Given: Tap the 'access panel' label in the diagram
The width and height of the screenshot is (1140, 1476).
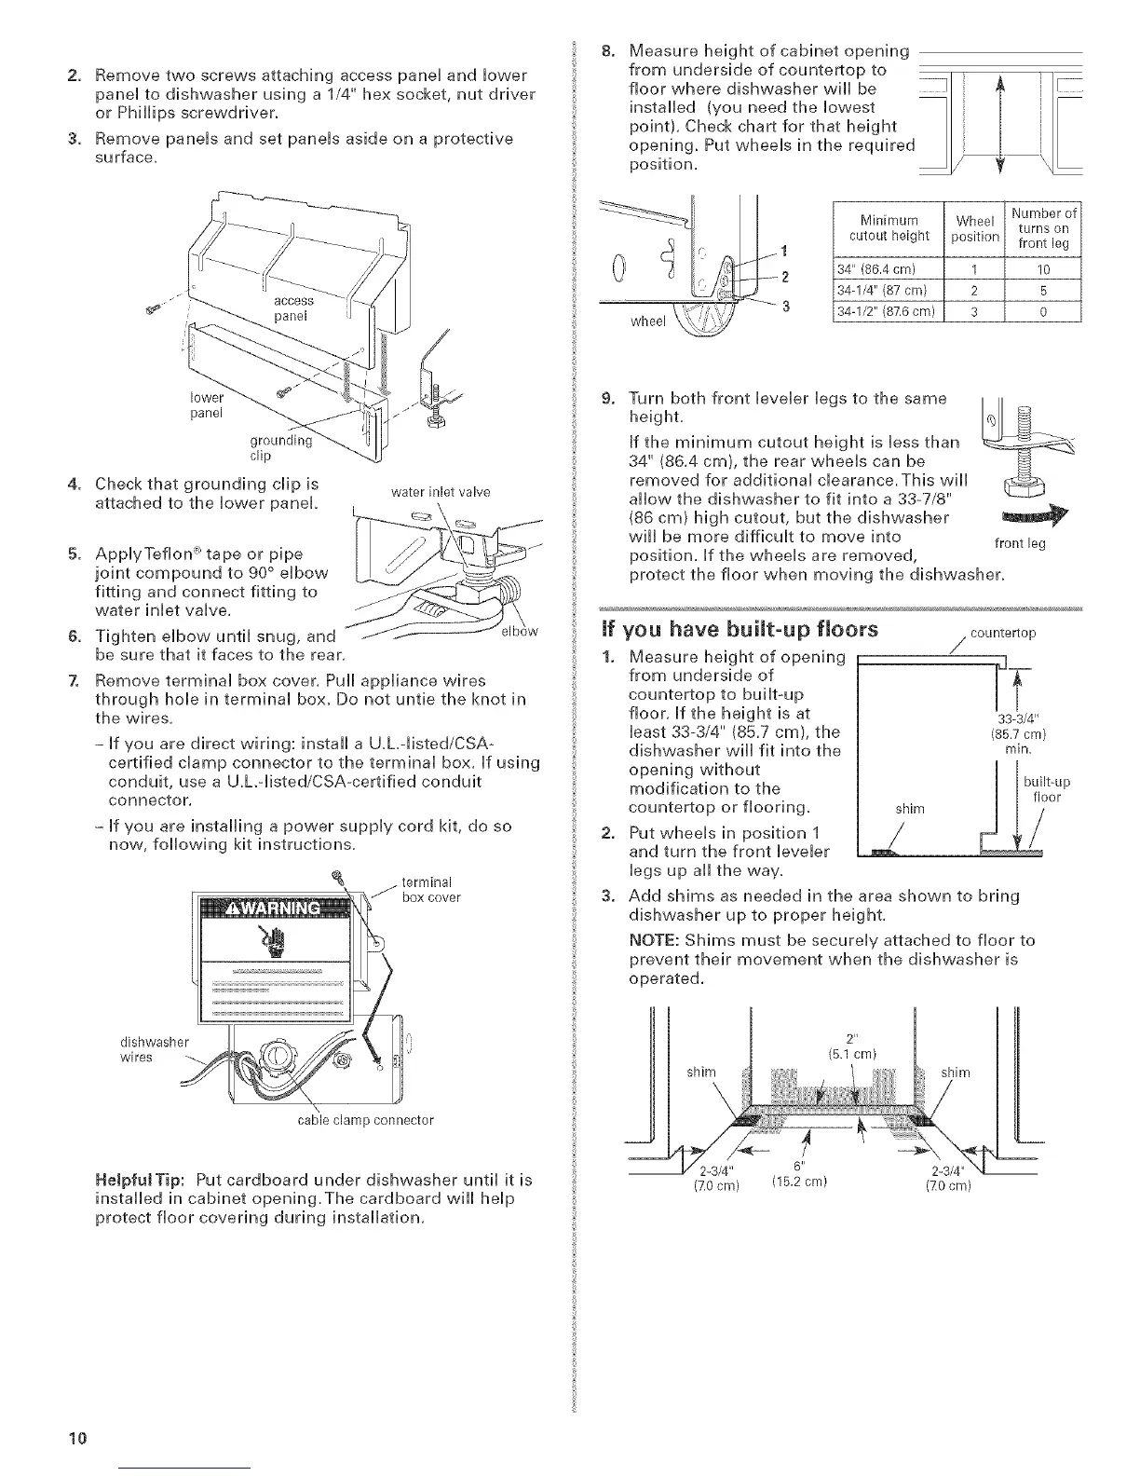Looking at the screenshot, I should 293,307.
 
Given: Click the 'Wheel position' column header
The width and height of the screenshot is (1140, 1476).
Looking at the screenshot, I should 974,229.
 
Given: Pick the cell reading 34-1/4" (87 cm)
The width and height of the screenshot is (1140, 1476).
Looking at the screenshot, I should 886,291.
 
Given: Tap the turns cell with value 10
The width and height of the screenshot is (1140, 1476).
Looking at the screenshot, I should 1043,271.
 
